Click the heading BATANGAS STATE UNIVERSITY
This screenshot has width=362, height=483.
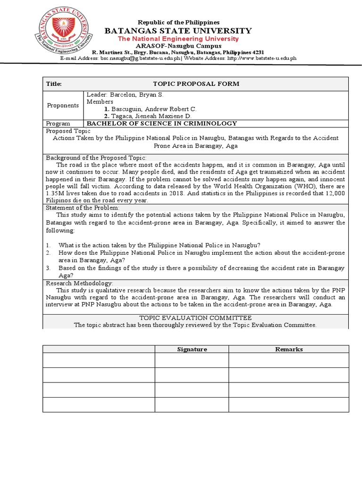178,31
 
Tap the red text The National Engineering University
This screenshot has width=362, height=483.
178,39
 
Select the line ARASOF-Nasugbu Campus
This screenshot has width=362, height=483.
178,46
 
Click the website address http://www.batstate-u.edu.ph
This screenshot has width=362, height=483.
262,58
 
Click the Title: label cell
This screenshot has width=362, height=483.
54,84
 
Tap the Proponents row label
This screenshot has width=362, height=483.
63,105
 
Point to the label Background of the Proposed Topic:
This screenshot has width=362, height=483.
96,158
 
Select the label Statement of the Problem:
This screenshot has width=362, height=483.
82,208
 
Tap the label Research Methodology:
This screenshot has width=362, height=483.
79,283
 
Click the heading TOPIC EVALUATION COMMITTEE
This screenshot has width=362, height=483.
196,318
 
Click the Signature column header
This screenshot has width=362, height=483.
192,350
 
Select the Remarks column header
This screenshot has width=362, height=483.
289,350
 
